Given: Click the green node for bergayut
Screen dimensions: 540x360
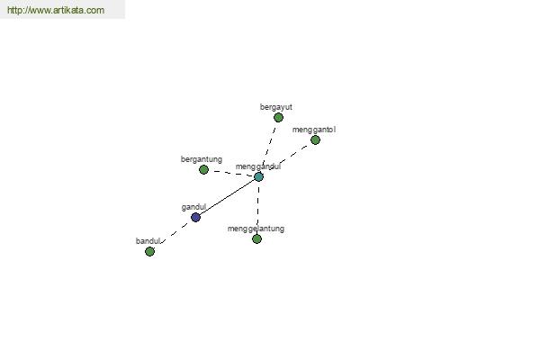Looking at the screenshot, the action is pyautogui.click(x=278, y=118).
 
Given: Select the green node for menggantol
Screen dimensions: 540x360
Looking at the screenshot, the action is pyautogui.click(x=315, y=139).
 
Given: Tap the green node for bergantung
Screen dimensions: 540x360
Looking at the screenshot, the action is pyautogui.click(x=203, y=169).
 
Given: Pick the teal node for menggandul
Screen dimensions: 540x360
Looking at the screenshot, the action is pyautogui.click(x=258, y=176).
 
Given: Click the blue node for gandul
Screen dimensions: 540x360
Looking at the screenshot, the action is pyautogui.click(x=195, y=218).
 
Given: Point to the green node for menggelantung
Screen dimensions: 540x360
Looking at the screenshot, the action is pyautogui.click(x=256, y=238).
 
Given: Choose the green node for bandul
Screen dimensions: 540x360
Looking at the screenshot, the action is pyautogui.click(x=149, y=251).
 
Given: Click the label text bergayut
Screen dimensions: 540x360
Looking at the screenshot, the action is pyautogui.click(x=276, y=107).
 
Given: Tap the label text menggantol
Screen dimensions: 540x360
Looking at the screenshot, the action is pyautogui.click(x=314, y=130).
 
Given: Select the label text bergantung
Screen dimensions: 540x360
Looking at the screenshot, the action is pyautogui.click(x=202, y=159).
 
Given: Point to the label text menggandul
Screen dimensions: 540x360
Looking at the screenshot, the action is pyautogui.click(x=258, y=166).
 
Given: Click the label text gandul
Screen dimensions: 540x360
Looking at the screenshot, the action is pyautogui.click(x=193, y=207).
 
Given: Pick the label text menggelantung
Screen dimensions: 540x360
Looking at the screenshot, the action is pyautogui.click(x=256, y=229).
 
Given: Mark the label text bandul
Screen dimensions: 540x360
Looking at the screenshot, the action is pyautogui.click(x=148, y=241).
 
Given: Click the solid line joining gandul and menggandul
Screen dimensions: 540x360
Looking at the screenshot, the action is pyautogui.click(x=227, y=197).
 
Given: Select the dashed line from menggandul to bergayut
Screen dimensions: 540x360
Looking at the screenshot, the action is pyautogui.click(x=269, y=146).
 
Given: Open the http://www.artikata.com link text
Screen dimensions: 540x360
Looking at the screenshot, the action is pyautogui.click(x=56, y=10).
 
